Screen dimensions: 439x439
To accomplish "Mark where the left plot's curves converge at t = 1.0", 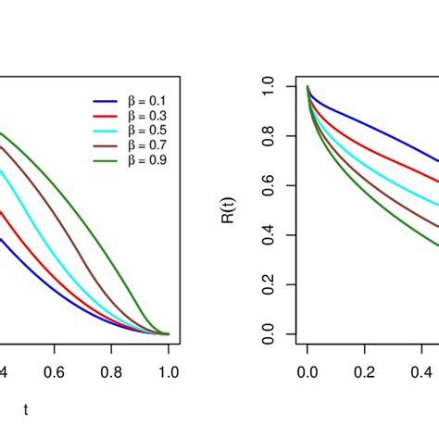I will tap(168, 333).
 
